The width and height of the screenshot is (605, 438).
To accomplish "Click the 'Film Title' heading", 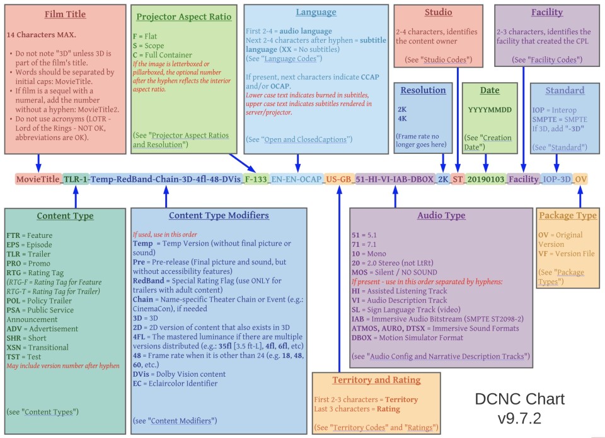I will pyautogui.click(x=65, y=14).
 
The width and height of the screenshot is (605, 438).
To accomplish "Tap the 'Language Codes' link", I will pyautogui.click(x=292, y=59).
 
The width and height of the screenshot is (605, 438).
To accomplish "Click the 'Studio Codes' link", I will pyautogui.click(x=448, y=60).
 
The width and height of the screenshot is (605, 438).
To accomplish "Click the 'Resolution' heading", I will pyautogui.click(x=423, y=90).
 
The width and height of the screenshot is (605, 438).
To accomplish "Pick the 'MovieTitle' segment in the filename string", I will pyautogui.click(x=38, y=179).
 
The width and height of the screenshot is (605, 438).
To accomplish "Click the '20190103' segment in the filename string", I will pyautogui.click(x=486, y=179).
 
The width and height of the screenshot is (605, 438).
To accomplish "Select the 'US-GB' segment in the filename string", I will pyautogui.click(x=338, y=179).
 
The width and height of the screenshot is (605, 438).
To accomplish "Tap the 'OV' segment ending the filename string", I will pyautogui.click(x=580, y=179).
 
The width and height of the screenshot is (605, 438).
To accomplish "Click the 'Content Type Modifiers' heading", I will pyautogui.click(x=219, y=216).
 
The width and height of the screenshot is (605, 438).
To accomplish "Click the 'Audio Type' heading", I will pyautogui.click(x=441, y=216).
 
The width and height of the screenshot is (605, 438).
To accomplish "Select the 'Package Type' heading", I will pyautogui.click(x=568, y=216).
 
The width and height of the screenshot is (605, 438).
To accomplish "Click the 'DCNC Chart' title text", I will pyautogui.click(x=519, y=399).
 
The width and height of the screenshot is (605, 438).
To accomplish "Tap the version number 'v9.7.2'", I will pyautogui.click(x=519, y=417).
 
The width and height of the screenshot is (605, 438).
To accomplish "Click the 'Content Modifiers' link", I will pyautogui.click(x=183, y=420).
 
